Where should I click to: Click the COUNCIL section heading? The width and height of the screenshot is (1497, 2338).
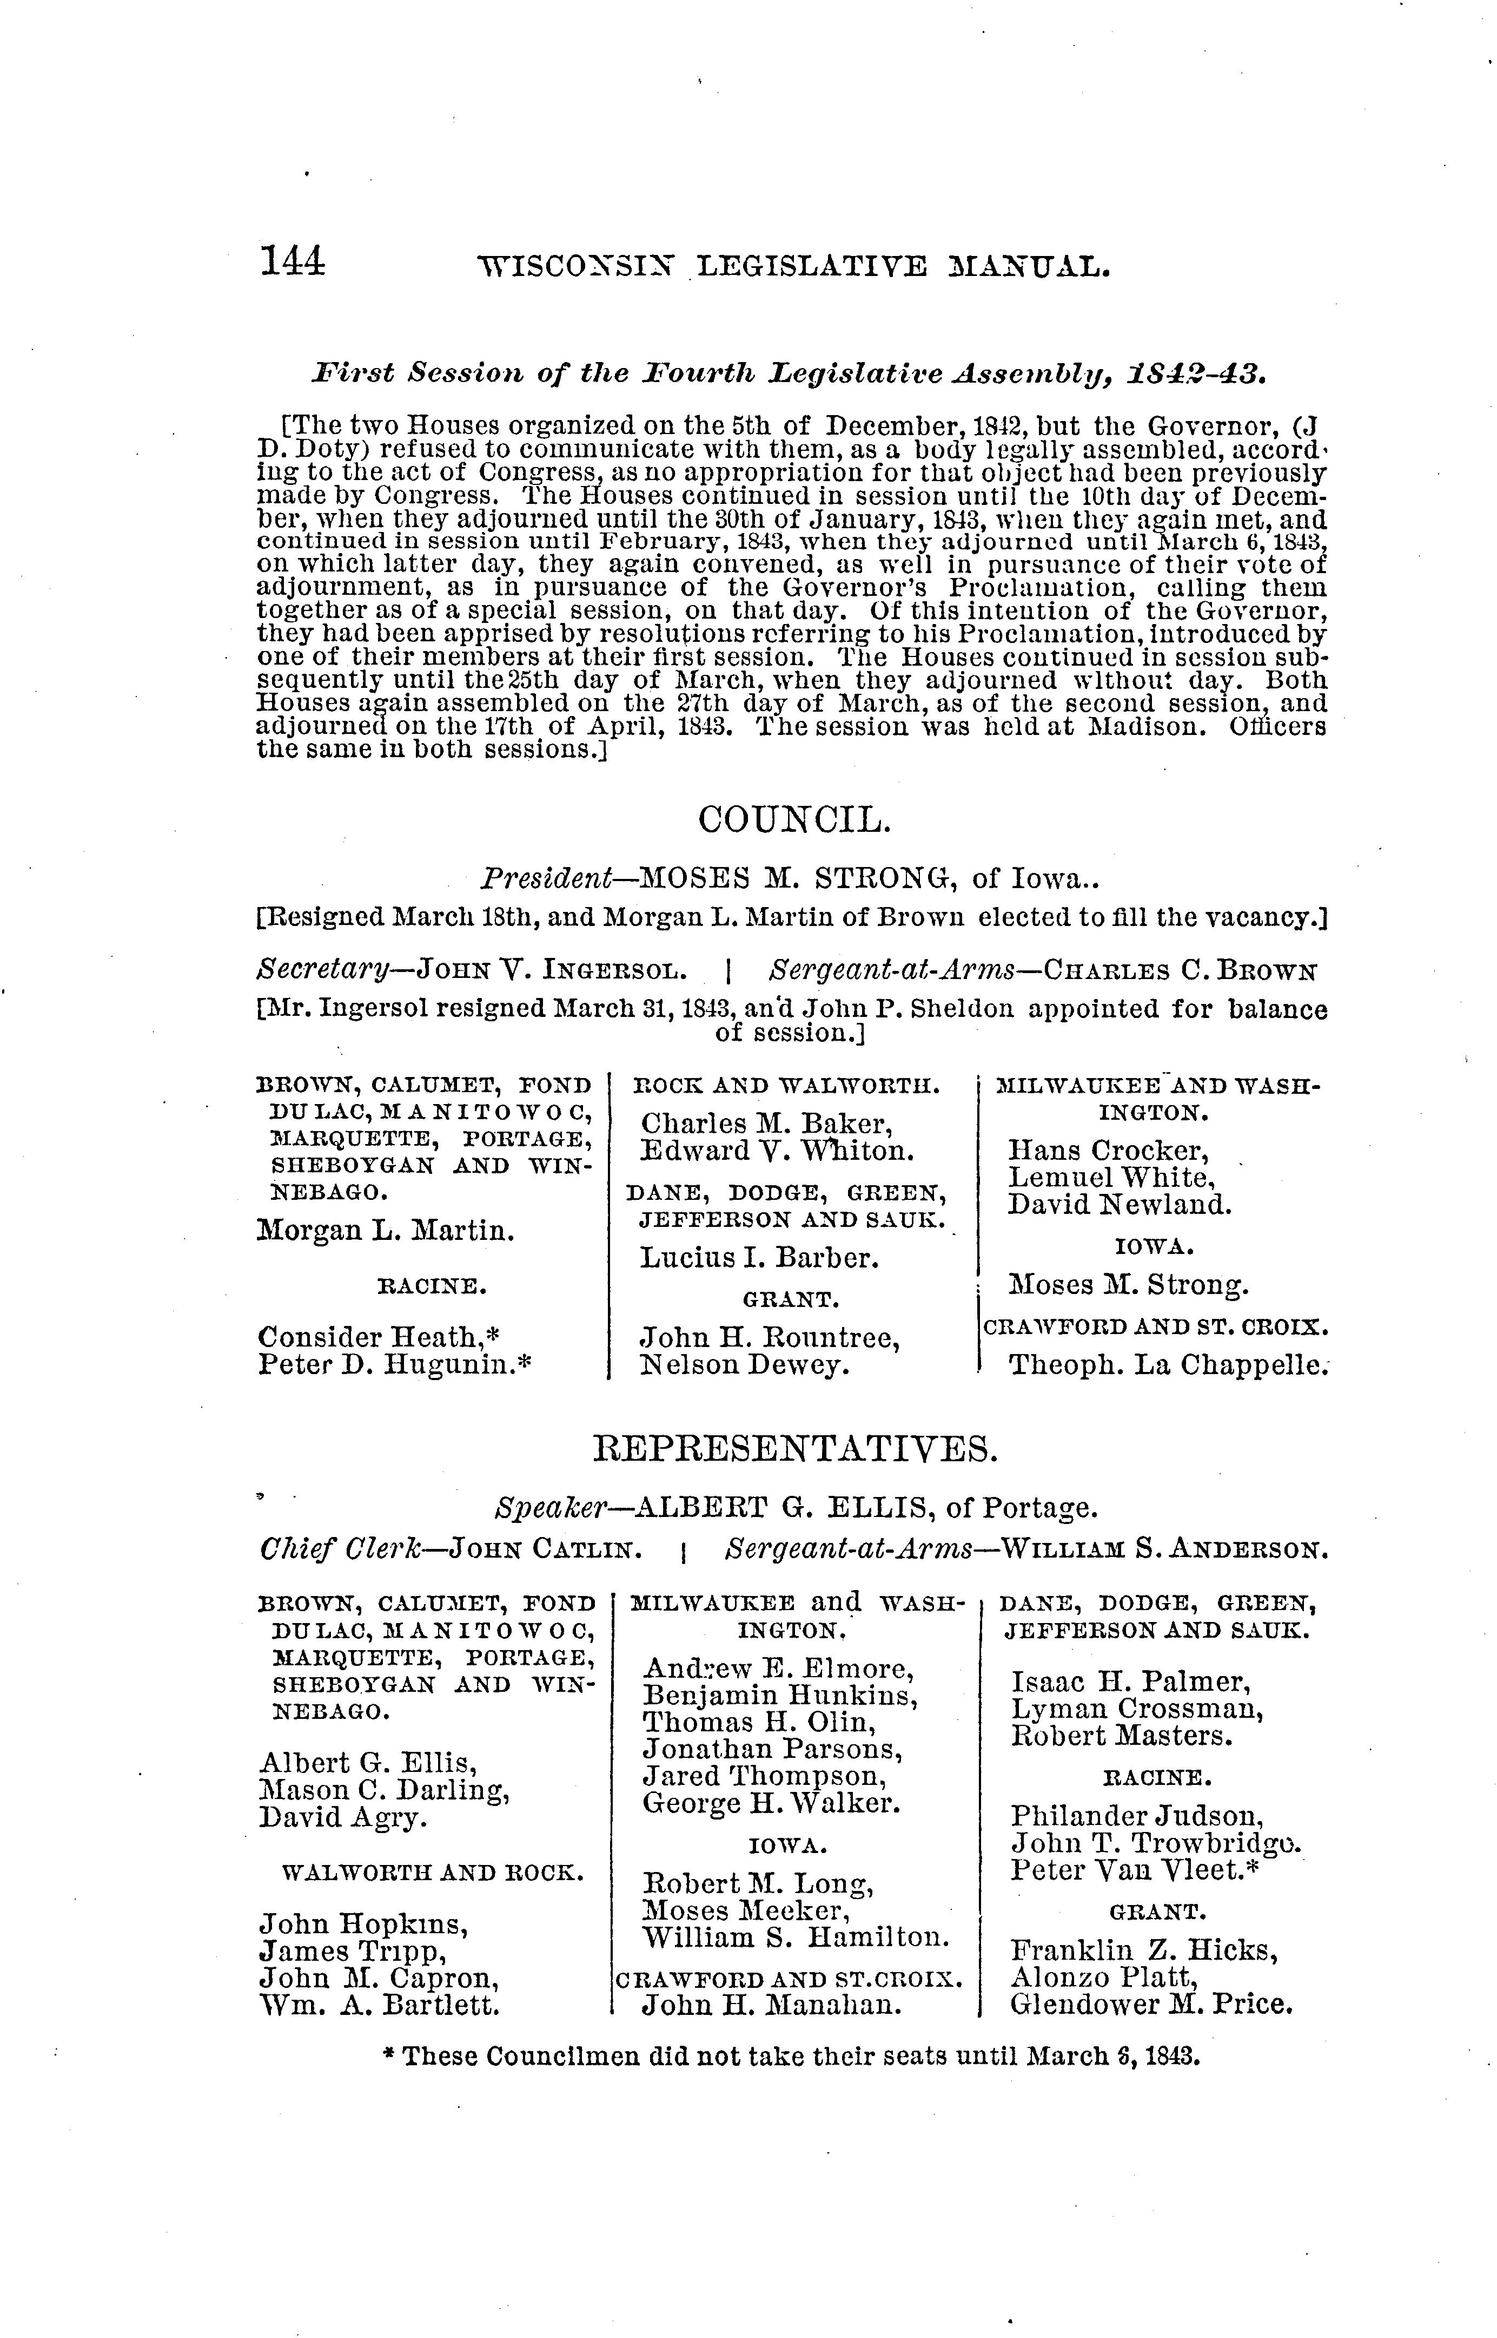click(793, 821)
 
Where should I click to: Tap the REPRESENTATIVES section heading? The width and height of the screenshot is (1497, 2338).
click(794, 1449)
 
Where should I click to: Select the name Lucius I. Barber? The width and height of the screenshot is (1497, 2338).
click(758, 1258)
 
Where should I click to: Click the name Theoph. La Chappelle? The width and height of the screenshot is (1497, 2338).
click(1167, 1365)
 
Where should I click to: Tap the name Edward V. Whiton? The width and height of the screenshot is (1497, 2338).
click(777, 1152)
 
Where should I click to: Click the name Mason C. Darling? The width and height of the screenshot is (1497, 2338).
click(385, 1790)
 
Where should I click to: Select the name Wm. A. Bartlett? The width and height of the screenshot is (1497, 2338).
click(379, 2005)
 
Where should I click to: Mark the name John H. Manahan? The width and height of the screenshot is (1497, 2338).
click(773, 2005)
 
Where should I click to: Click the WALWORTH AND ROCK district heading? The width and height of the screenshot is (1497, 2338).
click(433, 1872)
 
